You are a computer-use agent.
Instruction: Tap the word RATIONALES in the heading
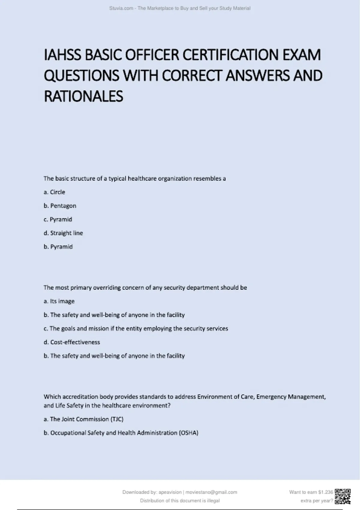tap(83, 96)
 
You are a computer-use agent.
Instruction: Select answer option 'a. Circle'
tap(54, 192)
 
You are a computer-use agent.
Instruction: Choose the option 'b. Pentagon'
tap(60, 206)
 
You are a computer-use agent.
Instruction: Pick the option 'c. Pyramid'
tap(58, 219)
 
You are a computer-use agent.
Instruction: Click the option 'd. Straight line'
tap(63, 233)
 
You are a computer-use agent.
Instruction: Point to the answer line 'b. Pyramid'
tap(58, 247)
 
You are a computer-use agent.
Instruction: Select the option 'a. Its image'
tap(59, 301)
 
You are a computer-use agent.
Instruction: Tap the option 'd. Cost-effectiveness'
tap(72, 342)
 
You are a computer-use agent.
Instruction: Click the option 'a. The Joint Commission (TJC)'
tap(83, 419)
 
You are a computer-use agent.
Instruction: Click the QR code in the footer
tap(343, 496)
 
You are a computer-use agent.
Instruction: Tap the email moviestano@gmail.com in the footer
tap(211, 492)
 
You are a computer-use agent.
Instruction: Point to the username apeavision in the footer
tap(170, 492)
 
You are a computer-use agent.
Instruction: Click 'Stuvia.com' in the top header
tap(121, 8)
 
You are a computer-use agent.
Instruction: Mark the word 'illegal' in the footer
tap(213, 500)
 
